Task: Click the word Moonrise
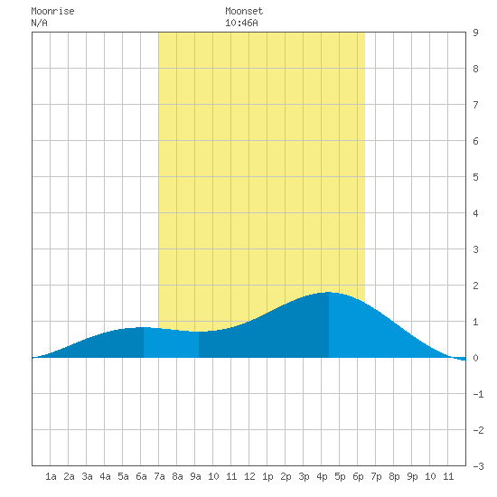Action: click(x=52, y=11)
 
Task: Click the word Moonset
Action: click(x=244, y=11)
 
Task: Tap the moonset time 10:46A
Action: click(x=241, y=23)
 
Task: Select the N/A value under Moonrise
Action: click(x=39, y=23)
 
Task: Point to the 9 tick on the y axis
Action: click(x=475, y=33)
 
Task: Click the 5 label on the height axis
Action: click(x=475, y=177)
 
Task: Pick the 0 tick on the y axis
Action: click(x=475, y=358)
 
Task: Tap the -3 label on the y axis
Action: click(x=478, y=466)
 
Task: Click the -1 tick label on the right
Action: click(x=478, y=394)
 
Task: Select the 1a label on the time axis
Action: click(x=51, y=476)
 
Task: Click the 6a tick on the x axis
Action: click(x=141, y=476)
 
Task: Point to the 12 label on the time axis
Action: click(x=249, y=476)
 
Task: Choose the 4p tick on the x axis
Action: click(x=322, y=476)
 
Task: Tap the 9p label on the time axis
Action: click(x=412, y=476)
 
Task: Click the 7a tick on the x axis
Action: click(x=159, y=476)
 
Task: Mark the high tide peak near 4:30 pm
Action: click(x=329, y=292)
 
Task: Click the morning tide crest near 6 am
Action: click(x=144, y=327)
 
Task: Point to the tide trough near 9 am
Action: click(x=199, y=332)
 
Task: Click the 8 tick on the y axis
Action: click(x=475, y=69)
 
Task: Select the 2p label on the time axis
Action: click(x=286, y=476)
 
